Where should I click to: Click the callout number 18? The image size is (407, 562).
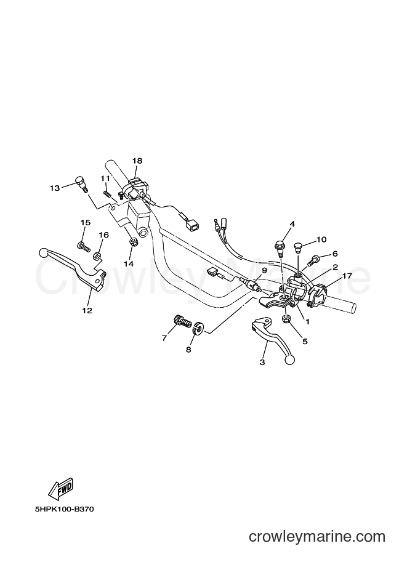pyautogui.click(x=137, y=161)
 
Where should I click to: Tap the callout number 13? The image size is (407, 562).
pyautogui.click(x=55, y=188)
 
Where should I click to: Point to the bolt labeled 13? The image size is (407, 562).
pyautogui.click(x=81, y=183)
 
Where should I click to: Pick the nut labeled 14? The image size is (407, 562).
pyautogui.click(x=132, y=243)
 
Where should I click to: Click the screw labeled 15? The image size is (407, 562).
pyautogui.click(x=84, y=247)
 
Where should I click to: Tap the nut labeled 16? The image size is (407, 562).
pyautogui.click(x=97, y=256)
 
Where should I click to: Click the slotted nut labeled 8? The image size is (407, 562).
pyautogui.click(x=198, y=328)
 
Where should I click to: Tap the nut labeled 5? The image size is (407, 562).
pyautogui.click(x=286, y=318)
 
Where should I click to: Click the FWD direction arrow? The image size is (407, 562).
pyautogui.click(x=61, y=489)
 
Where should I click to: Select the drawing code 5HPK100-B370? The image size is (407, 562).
pyautogui.click(x=65, y=509)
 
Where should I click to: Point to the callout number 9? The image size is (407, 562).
pyautogui.click(x=264, y=270)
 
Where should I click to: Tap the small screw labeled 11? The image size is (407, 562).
pyautogui.click(x=106, y=194)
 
